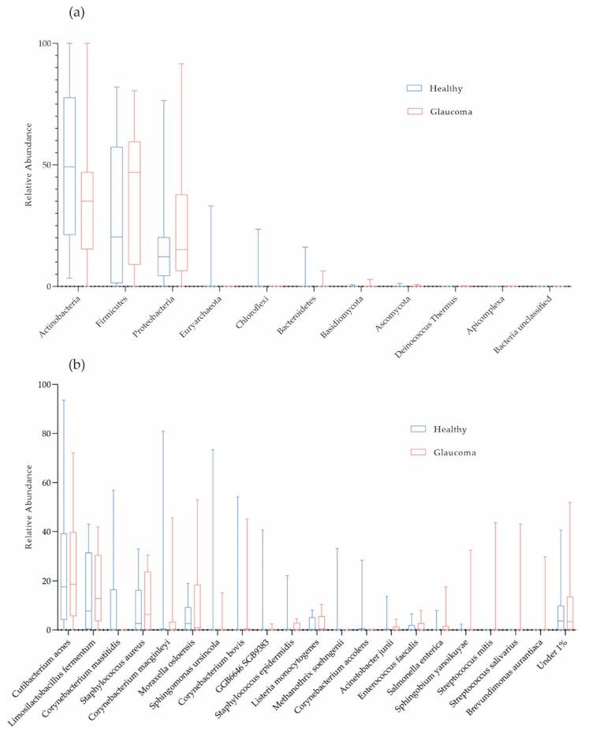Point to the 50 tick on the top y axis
pos(47,165)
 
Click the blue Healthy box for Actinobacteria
pos(69,166)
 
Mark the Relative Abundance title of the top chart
pos(28,165)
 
